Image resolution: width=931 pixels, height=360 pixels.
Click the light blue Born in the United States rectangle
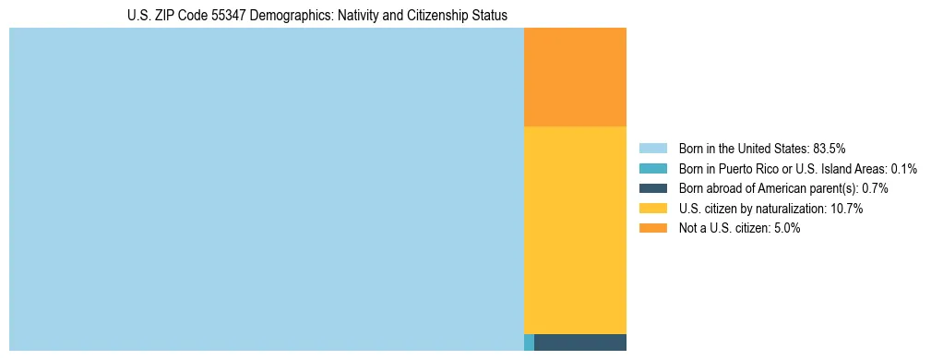pyautogui.click(x=266, y=189)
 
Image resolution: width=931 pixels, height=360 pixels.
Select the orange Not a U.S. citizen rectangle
pyautogui.click(x=575, y=77)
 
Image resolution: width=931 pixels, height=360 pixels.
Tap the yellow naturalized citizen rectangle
pyautogui.click(x=575, y=229)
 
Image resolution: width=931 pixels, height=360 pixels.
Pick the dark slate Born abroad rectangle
pyautogui.click(x=580, y=342)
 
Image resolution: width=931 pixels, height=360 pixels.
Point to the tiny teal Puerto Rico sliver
pyautogui.click(x=529, y=342)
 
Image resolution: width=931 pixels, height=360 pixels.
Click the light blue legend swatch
pyautogui.click(x=652, y=149)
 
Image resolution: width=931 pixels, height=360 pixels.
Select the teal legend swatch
pyautogui.click(x=652, y=169)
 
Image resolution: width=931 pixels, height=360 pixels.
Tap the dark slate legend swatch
pyautogui.click(x=652, y=188)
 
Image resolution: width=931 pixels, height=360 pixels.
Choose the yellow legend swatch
pyautogui.click(x=652, y=209)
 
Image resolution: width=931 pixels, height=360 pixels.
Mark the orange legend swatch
pyautogui.click(x=652, y=228)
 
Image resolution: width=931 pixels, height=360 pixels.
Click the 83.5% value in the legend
pyautogui.click(x=830, y=149)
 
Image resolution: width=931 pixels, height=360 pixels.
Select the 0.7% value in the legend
pyautogui.click(x=876, y=188)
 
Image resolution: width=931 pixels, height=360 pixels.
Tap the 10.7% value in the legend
pyautogui.click(x=846, y=209)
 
